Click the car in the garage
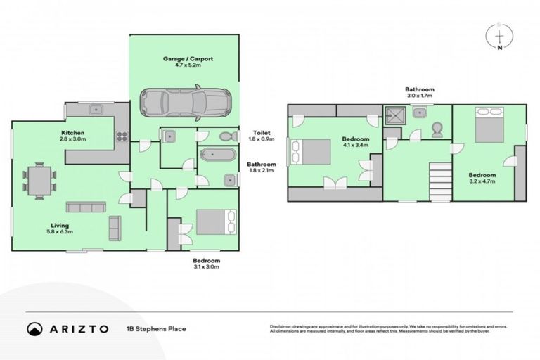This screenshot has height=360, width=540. pos(184,101)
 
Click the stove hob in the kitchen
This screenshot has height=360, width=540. pos(122,136)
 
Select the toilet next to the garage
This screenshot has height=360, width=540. pos(226,136)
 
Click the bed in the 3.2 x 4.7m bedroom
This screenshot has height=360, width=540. pos(489,124)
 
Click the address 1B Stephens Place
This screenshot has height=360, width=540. pos(156,328)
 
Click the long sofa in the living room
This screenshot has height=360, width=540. pos(86,207)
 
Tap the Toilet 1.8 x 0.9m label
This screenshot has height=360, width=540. pos(263,136)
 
